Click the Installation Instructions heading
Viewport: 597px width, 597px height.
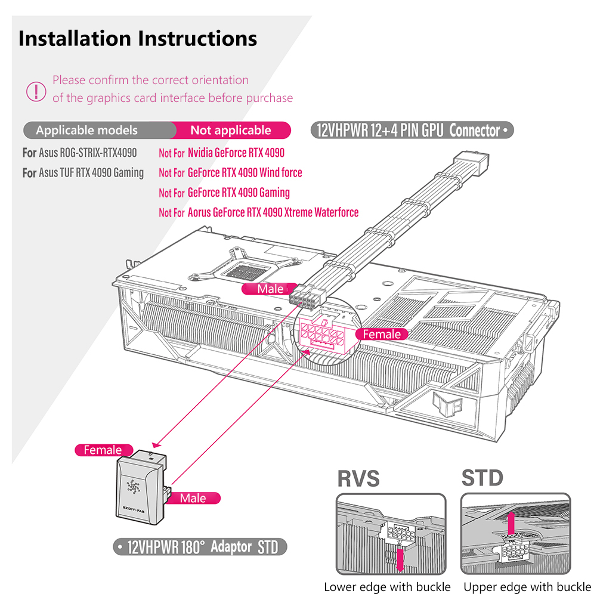pos(138,39)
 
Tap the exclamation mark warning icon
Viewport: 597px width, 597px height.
pos(36,91)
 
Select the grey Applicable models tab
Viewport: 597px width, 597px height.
pos(86,131)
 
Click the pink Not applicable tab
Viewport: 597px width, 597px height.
pos(231,131)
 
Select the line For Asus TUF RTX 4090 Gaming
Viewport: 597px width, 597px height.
pos(83,173)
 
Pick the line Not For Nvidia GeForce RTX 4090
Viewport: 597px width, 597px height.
pos(221,153)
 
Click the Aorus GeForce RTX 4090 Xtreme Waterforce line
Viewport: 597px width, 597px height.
pos(258,212)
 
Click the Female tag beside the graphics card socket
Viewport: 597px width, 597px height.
pos(382,335)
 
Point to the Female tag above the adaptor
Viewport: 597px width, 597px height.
pos(103,450)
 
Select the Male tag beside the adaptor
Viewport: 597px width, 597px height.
pos(193,498)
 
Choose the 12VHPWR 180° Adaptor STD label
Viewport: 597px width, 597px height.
pos(200,547)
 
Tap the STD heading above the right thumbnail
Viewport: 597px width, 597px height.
pos(482,478)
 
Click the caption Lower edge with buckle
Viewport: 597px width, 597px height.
pos(387,586)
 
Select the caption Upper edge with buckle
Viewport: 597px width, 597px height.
pos(527,586)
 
